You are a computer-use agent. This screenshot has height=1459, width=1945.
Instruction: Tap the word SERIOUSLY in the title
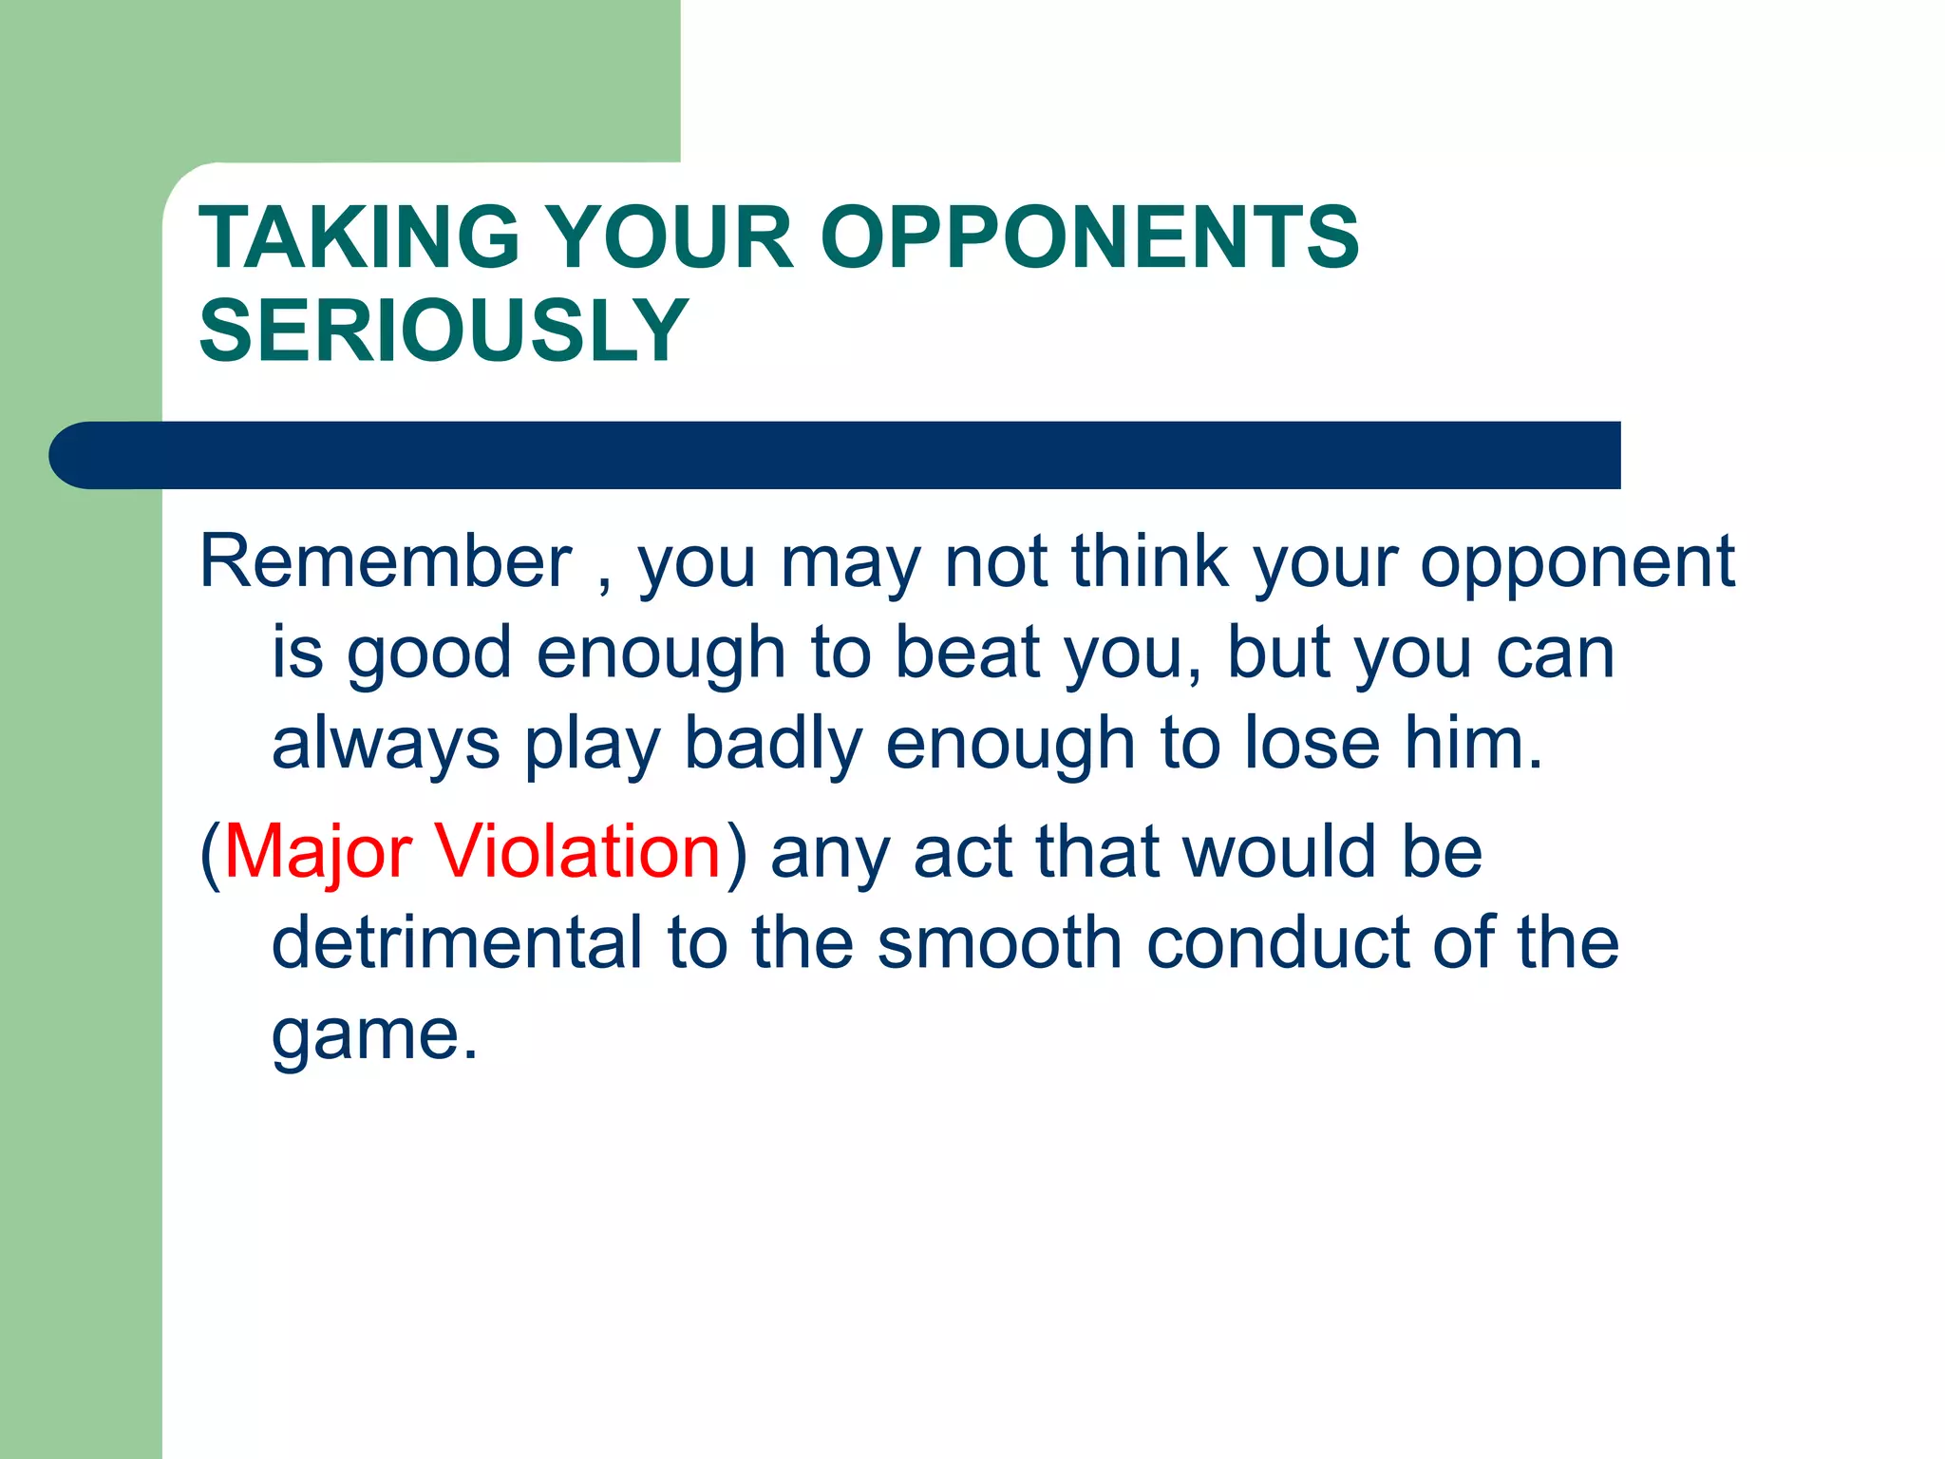pyautogui.click(x=444, y=331)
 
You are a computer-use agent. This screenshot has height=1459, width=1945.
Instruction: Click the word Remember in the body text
pyautogui.click(x=386, y=561)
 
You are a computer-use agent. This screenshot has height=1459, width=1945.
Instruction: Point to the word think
pyautogui.click(x=1150, y=561)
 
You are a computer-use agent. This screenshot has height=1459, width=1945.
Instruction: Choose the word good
pyautogui.click(x=429, y=654)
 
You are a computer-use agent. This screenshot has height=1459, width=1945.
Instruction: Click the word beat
pyautogui.click(x=968, y=653)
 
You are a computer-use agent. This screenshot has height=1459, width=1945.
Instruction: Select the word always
pyautogui.click(x=386, y=744)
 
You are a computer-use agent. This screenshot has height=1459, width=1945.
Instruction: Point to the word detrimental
pyautogui.click(x=457, y=942)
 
